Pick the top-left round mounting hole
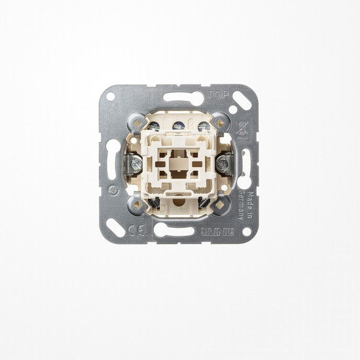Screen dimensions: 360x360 tap(111, 96)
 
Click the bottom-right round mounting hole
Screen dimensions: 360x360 tap(247, 232)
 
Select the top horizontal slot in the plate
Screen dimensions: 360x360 tap(179, 98)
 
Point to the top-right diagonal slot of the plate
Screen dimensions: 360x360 tap(241, 102)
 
